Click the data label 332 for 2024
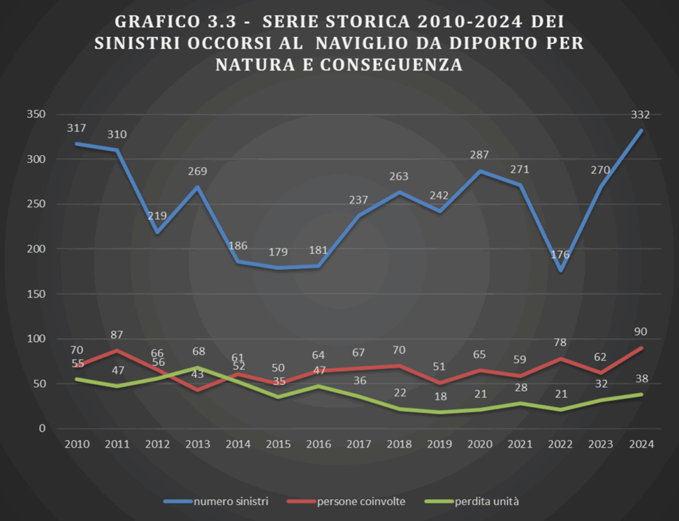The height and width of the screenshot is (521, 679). click(x=640, y=115)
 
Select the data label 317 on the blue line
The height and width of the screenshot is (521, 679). click(x=77, y=128)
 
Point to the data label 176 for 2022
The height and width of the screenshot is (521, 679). click(x=560, y=255)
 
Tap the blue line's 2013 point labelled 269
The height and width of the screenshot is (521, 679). click(x=197, y=187)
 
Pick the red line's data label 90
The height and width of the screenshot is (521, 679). click(x=640, y=332)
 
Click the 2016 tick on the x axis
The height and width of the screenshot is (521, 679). click(x=318, y=444)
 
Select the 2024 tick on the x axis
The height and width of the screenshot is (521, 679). click(x=640, y=444)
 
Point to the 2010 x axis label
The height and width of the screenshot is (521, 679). click(x=77, y=444)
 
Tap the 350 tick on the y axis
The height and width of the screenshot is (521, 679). click(x=36, y=115)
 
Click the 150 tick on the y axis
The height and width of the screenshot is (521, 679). click(x=36, y=294)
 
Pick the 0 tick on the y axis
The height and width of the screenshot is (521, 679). click(x=41, y=428)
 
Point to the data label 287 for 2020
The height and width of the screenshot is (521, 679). click(x=479, y=155)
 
